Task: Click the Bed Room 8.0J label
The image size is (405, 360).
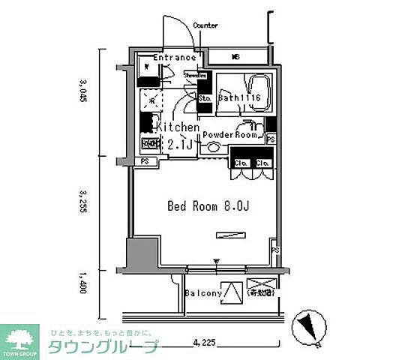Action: pyautogui.click(x=208, y=205)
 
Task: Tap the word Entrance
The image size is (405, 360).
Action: pyautogui.click(x=175, y=58)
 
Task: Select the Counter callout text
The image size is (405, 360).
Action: pyautogui.click(x=205, y=25)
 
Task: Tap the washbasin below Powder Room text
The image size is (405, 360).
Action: pyautogui.click(x=214, y=148)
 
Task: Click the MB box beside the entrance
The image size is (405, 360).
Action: pyautogui.click(x=235, y=57)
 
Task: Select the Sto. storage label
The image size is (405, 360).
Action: pyautogui.click(x=204, y=97)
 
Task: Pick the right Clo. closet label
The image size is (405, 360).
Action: pyautogui.click(x=262, y=163)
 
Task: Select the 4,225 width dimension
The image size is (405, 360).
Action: pyautogui.click(x=205, y=343)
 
